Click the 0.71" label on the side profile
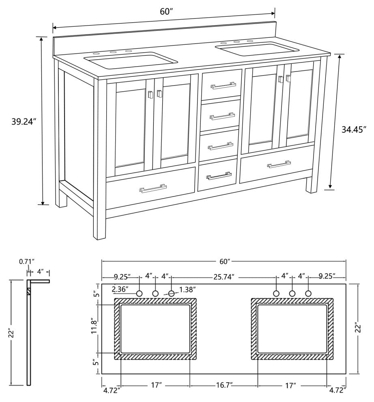point(27,262)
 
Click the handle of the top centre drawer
point(223,85)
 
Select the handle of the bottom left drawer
point(153,189)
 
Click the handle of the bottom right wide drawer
point(279,164)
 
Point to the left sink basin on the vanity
point(131,61)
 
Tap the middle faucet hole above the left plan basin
point(155,293)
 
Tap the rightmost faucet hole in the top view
point(308,293)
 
